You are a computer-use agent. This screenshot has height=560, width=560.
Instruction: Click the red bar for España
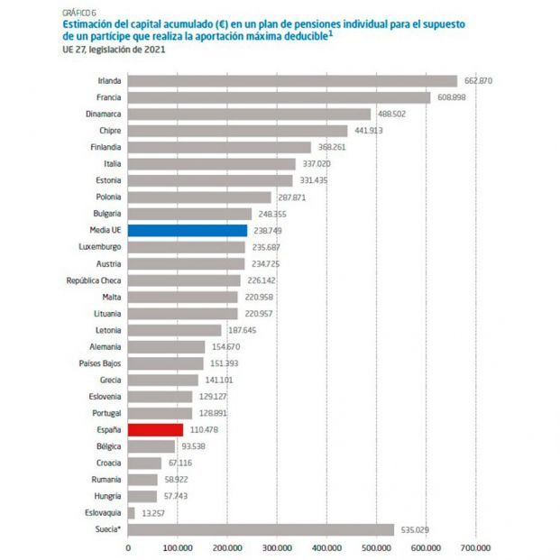click(x=155, y=429)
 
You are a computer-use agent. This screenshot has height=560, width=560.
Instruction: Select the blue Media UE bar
click(x=188, y=230)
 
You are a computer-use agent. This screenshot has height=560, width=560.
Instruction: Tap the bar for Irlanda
click(x=292, y=80)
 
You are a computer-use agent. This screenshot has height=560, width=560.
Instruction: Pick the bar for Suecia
click(x=261, y=529)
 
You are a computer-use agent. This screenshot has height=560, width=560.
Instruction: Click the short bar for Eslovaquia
click(x=132, y=512)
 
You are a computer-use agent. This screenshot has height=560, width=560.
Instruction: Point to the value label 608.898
click(x=453, y=97)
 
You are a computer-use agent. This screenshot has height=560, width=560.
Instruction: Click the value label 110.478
click(x=206, y=429)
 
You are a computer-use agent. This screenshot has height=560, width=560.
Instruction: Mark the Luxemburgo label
click(x=102, y=247)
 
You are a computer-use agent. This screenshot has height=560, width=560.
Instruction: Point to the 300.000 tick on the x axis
click(x=277, y=546)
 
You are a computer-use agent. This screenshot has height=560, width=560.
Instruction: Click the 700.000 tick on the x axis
click(x=475, y=546)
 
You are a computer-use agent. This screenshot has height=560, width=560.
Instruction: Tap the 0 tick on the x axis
click(x=128, y=546)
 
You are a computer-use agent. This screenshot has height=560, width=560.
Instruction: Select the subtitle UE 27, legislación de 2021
click(x=115, y=50)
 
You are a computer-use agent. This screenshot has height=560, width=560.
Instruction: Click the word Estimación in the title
click(x=89, y=24)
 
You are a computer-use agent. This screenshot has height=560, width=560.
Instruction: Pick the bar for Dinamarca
click(x=249, y=114)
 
